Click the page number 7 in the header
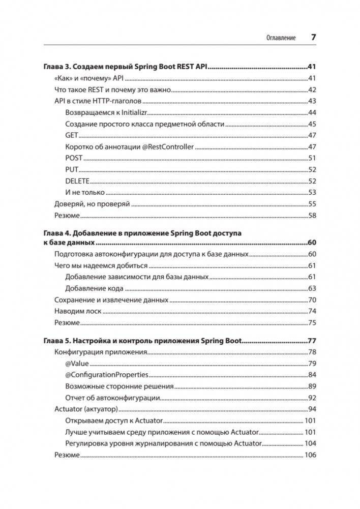point(314,37)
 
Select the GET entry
point(71,135)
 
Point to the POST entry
point(74,158)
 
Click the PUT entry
point(72,169)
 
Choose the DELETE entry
point(77,181)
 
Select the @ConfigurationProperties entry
point(107,375)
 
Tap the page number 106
point(310,455)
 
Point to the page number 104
point(310,443)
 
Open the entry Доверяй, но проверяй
point(92,204)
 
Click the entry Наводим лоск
point(78,311)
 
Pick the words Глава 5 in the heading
point(56,341)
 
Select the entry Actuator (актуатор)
point(86,409)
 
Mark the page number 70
point(312,300)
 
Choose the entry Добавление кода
point(94,288)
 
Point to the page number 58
point(312,216)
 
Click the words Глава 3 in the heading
point(56,67)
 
